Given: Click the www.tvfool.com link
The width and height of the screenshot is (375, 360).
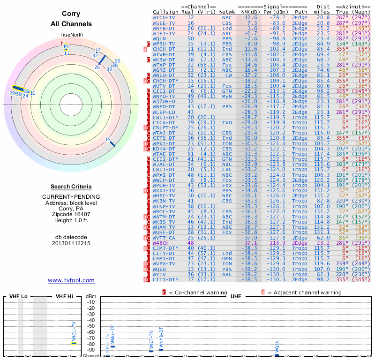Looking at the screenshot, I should [x=71, y=280].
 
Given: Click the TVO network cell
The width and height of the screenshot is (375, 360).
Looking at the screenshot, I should [x=227, y=122].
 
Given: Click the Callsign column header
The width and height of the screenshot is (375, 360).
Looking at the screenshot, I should [x=165, y=11].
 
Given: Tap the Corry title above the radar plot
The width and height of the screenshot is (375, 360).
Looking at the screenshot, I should [x=71, y=14].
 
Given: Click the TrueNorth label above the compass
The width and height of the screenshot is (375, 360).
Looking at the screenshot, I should [x=71, y=35].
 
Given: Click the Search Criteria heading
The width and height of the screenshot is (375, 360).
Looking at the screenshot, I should [x=71, y=186].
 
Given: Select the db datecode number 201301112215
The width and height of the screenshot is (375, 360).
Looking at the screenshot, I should [x=71, y=243].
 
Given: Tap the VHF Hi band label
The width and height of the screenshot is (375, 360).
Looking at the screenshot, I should [x=65, y=296].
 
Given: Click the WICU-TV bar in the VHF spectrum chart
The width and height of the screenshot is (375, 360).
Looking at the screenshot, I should [x=74, y=343].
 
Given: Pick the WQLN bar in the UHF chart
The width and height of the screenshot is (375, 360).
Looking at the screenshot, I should [x=277, y=355].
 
